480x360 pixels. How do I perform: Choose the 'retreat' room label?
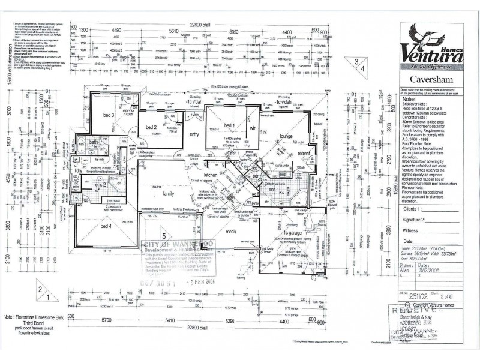tap(305, 153)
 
